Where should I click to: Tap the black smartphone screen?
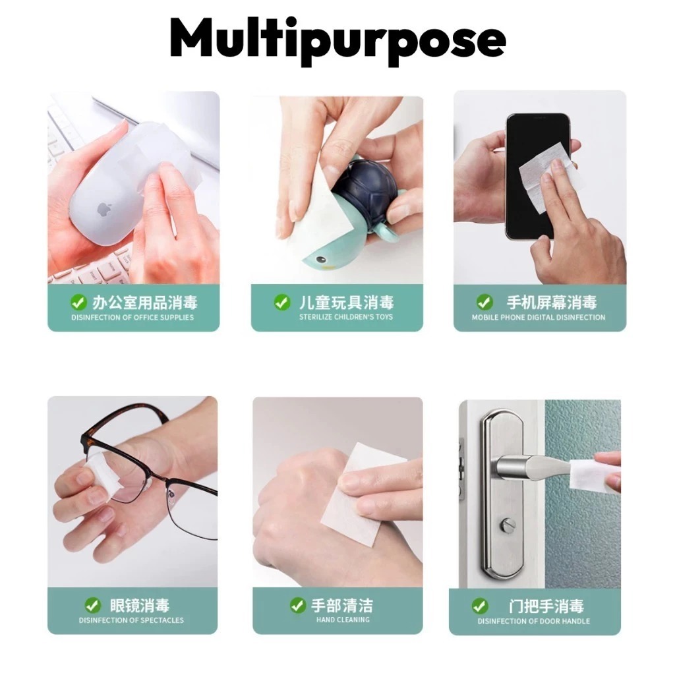tap(538, 177)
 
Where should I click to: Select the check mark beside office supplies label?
tap(78, 302)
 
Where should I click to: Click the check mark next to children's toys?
tap(282, 302)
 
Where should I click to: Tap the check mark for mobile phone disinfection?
tap(484, 302)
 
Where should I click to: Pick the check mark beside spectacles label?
tap(92, 605)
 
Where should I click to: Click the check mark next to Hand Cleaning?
tap(298, 605)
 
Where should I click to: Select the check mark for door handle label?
tap(480, 606)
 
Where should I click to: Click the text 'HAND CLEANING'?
tap(343, 620)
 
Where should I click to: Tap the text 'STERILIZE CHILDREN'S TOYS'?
tap(346, 317)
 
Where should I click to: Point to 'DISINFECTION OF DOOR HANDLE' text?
tap(534, 621)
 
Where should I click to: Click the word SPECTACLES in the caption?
tap(161, 620)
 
